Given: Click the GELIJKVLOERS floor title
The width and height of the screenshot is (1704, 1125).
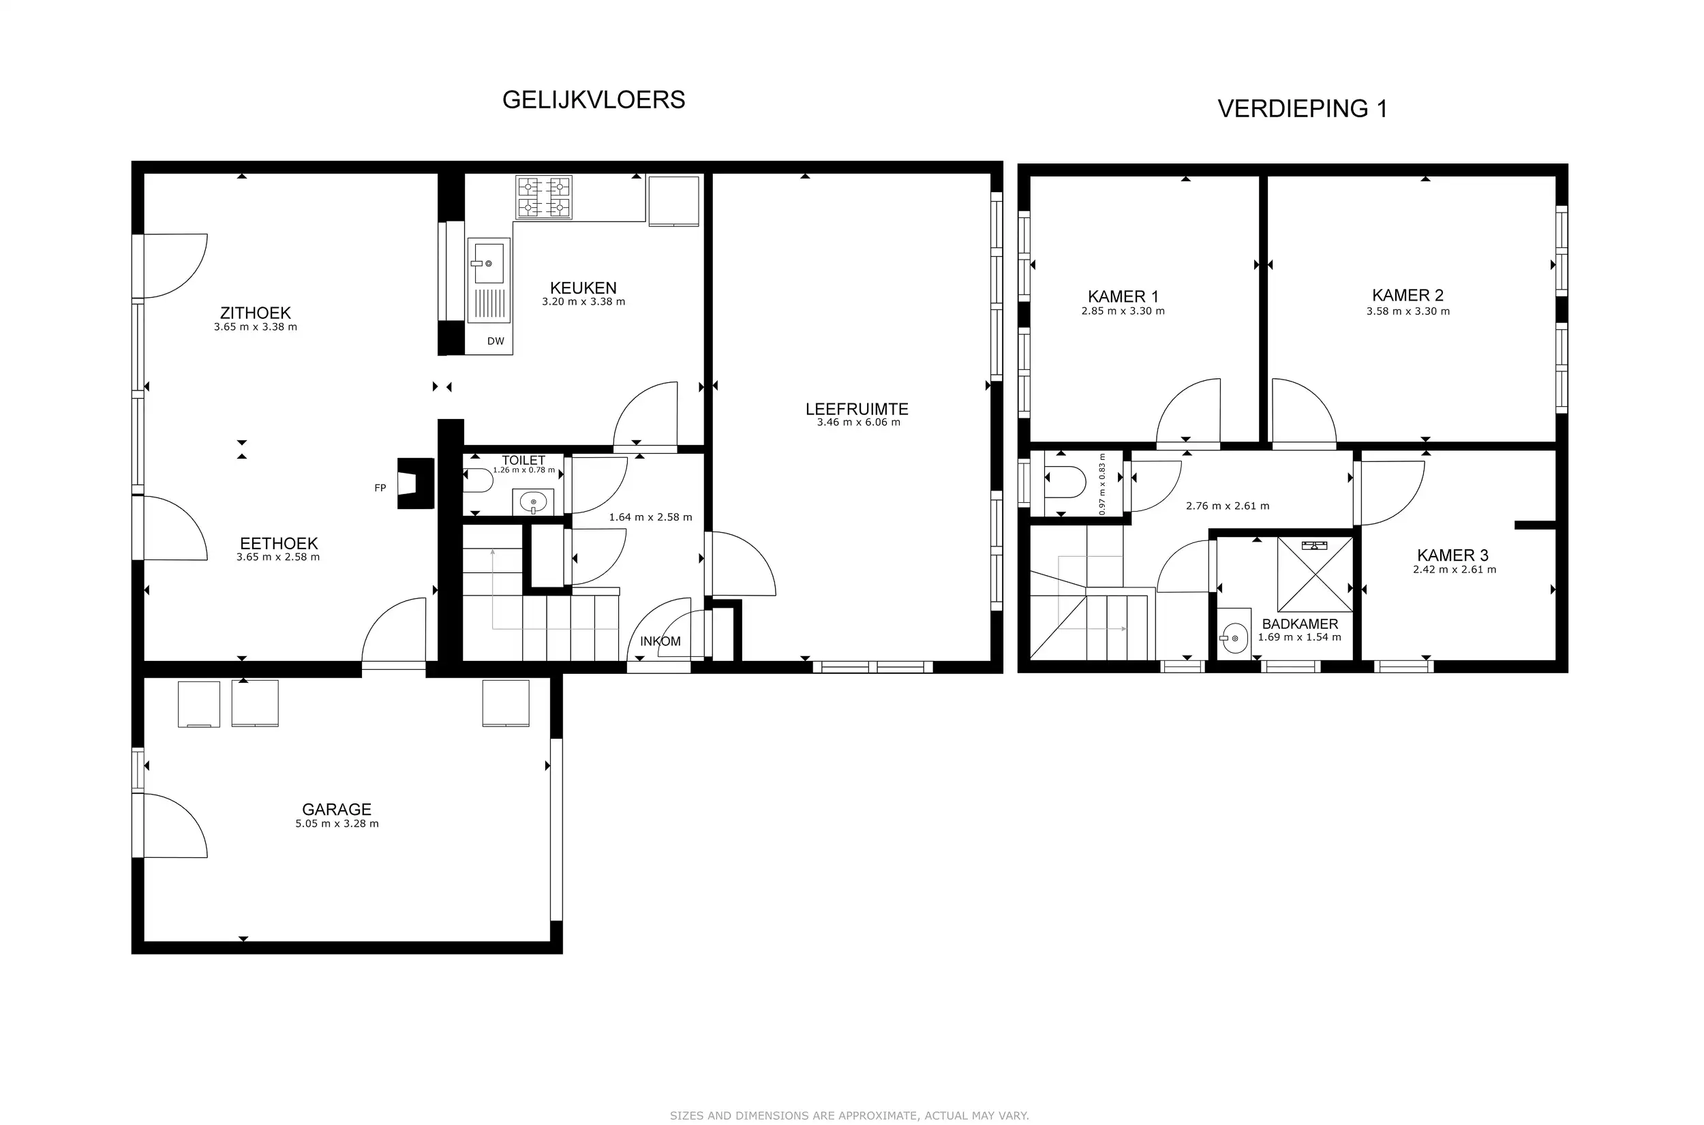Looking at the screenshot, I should pyautogui.click(x=594, y=99).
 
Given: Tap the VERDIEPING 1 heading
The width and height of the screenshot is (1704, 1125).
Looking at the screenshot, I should pyautogui.click(x=1303, y=109).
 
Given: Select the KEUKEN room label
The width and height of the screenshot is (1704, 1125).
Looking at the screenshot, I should pyautogui.click(x=583, y=288).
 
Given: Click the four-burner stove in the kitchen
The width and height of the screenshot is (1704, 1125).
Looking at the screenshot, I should pyautogui.click(x=544, y=198).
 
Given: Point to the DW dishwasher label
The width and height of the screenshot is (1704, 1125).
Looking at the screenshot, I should pyautogui.click(x=495, y=341).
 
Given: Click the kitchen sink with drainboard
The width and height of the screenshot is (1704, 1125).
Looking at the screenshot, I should pyautogui.click(x=489, y=279).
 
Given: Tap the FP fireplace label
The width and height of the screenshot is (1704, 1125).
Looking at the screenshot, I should pyautogui.click(x=380, y=488).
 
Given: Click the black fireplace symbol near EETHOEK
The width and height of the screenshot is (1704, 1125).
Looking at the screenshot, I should pyautogui.click(x=417, y=483).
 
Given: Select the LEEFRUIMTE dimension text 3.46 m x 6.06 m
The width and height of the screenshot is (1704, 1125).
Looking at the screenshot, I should pyautogui.click(x=858, y=422).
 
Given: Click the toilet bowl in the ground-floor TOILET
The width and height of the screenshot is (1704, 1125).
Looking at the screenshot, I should pyautogui.click(x=477, y=480).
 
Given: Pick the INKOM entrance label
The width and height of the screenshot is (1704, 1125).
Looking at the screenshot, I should pyautogui.click(x=660, y=641).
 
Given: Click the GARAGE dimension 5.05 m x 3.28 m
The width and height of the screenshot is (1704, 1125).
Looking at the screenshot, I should pyautogui.click(x=337, y=824).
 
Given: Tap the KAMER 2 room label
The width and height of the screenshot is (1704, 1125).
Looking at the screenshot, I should pyautogui.click(x=1408, y=296).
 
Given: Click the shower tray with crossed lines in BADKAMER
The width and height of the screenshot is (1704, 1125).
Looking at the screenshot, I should pyautogui.click(x=1314, y=574).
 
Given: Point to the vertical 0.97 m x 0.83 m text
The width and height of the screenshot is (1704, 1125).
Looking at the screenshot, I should pyautogui.click(x=1102, y=484).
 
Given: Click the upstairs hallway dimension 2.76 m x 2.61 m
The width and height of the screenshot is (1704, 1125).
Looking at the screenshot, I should pyautogui.click(x=1227, y=506).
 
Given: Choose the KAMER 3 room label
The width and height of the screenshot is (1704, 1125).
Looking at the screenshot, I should pyautogui.click(x=1452, y=555).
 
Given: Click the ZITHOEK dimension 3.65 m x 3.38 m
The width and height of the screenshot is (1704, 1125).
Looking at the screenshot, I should pyautogui.click(x=256, y=327).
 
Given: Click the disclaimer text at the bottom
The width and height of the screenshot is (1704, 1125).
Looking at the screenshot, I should pyautogui.click(x=849, y=1115).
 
